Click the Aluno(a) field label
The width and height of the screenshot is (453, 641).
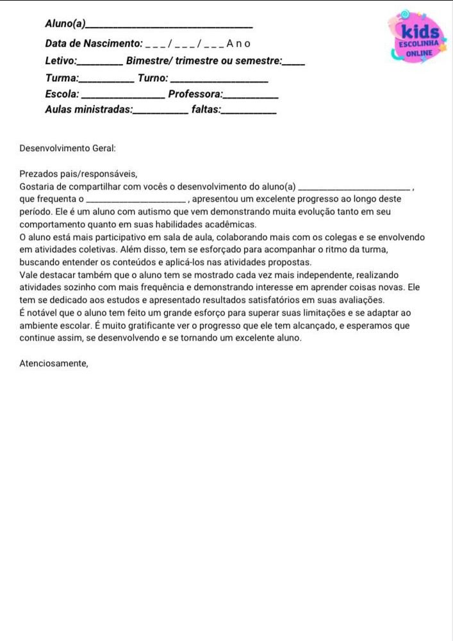65,24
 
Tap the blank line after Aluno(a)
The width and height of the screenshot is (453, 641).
169,26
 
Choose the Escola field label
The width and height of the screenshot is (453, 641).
62,94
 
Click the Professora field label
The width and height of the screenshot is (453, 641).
195,94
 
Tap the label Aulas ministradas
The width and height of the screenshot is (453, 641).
88,110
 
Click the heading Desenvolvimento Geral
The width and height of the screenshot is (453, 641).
67,148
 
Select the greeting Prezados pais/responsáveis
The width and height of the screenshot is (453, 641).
78,174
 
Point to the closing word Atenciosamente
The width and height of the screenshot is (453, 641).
54,363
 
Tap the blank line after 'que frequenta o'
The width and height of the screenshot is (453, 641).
140,200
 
